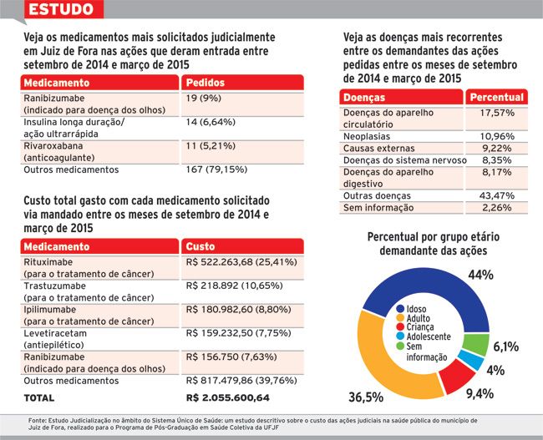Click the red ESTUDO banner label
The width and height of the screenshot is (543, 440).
click(x=61, y=9)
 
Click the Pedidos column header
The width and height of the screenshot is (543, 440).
click(x=206, y=83)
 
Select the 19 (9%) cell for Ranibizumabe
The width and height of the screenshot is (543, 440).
click(x=203, y=99)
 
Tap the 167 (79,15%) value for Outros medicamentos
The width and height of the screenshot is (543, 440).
click(x=216, y=169)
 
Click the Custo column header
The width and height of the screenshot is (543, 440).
click(x=200, y=246)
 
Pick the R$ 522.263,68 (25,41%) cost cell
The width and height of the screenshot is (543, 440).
click(x=241, y=262)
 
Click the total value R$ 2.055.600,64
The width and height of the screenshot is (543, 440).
click(x=227, y=397)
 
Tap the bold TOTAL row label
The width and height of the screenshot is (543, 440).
click(x=38, y=398)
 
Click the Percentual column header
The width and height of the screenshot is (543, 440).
click(x=496, y=98)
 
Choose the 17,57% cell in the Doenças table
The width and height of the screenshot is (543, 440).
click(x=497, y=113)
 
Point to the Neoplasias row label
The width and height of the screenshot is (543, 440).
click(x=367, y=136)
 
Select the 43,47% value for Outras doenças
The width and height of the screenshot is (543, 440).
click(x=497, y=195)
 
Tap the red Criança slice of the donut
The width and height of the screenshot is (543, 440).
click(x=458, y=377)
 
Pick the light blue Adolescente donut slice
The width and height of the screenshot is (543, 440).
click(x=472, y=361)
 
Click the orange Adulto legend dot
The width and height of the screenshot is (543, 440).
click(x=400, y=318)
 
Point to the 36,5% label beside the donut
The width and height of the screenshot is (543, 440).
click(x=366, y=397)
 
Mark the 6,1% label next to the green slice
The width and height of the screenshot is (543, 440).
click(x=506, y=346)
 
